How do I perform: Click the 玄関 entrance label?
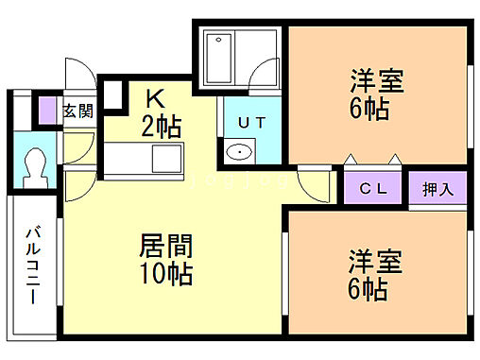(x=78, y=111)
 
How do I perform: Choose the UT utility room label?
(x=250, y=122)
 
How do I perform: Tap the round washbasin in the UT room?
(x=240, y=152)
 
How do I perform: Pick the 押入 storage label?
(x=437, y=188)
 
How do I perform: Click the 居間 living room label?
(x=166, y=249)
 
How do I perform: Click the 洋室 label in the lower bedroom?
(x=377, y=260)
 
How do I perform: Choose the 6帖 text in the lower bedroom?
(x=368, y=288)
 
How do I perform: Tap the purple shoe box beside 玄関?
(x=49, y=111)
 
